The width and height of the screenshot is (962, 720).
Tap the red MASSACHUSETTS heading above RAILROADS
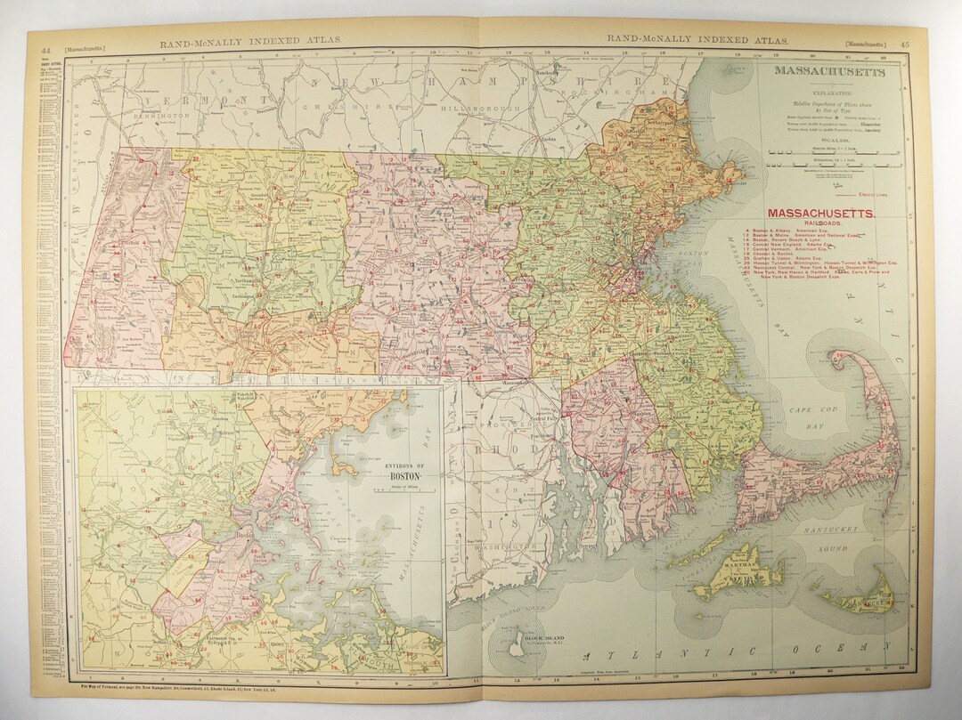pyautogui.click(x=821, y=214)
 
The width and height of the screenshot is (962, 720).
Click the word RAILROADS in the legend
pyautogui.click(x=821, y=226)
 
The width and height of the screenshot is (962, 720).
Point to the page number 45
pyautogui.click(x=905, y=43)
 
